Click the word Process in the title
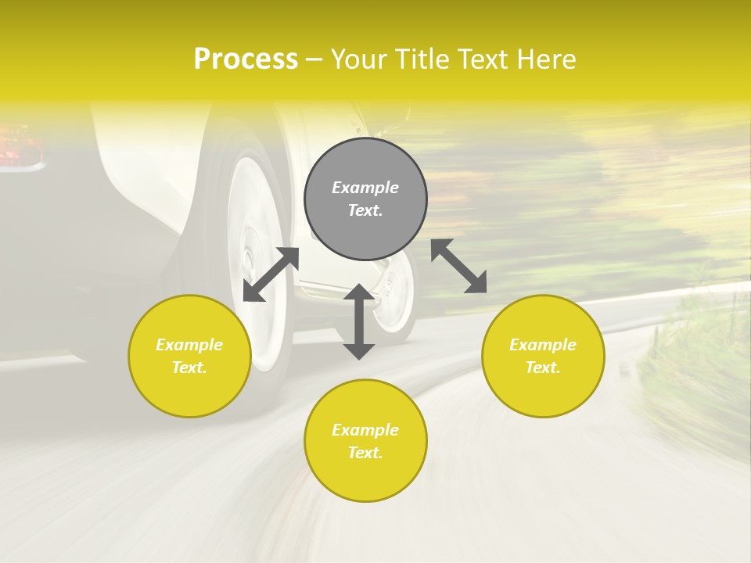(x=246, y=59)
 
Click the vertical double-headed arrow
(x=359, y=321)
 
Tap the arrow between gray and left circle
(x=271, y=274)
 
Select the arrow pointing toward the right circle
(x=458, y=266)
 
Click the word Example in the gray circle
(x=365, y=188)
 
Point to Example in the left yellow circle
(x=189, y=345)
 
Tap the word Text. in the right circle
(x=543, y=368)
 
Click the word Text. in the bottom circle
(x=365, y=453)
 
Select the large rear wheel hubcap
(x=255, y=258)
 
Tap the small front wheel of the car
(x=395, y=293)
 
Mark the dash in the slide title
(x=314, y=59)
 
